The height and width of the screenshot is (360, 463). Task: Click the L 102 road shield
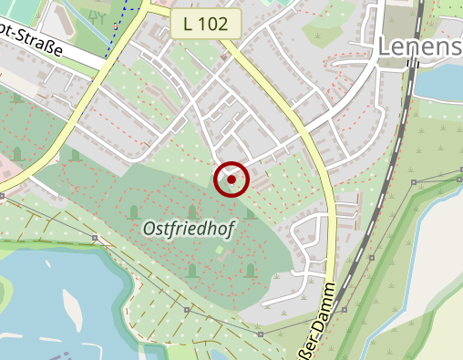[206, 25]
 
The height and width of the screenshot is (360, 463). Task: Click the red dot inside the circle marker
[231, 180]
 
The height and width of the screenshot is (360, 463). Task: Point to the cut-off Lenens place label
[420, 46]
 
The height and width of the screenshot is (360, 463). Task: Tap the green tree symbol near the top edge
[98, 14]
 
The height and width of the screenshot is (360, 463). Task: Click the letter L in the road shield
[186, 25]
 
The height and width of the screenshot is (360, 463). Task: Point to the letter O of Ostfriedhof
[149, 231]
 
